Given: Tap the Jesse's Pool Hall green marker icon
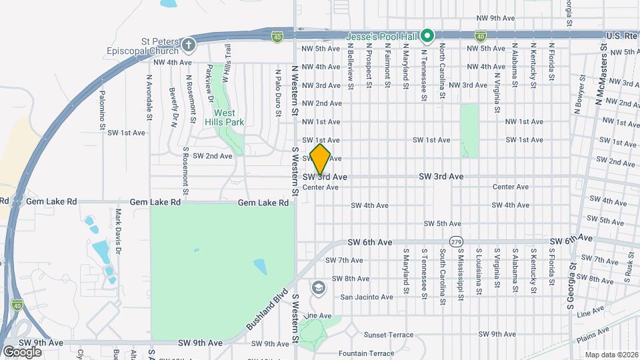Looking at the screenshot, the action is click(x=430, y=35).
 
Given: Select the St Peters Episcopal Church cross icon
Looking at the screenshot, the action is click(x=189, y=45).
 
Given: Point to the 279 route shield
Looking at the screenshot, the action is click(x=456, y=241).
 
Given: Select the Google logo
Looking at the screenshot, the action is click(x=22, y=352).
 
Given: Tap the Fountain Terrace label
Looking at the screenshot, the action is click(x=367, y=353).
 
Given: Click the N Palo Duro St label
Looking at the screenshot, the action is click(x=277, y=91).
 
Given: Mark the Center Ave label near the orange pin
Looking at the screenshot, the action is click(x=321, y=188).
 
